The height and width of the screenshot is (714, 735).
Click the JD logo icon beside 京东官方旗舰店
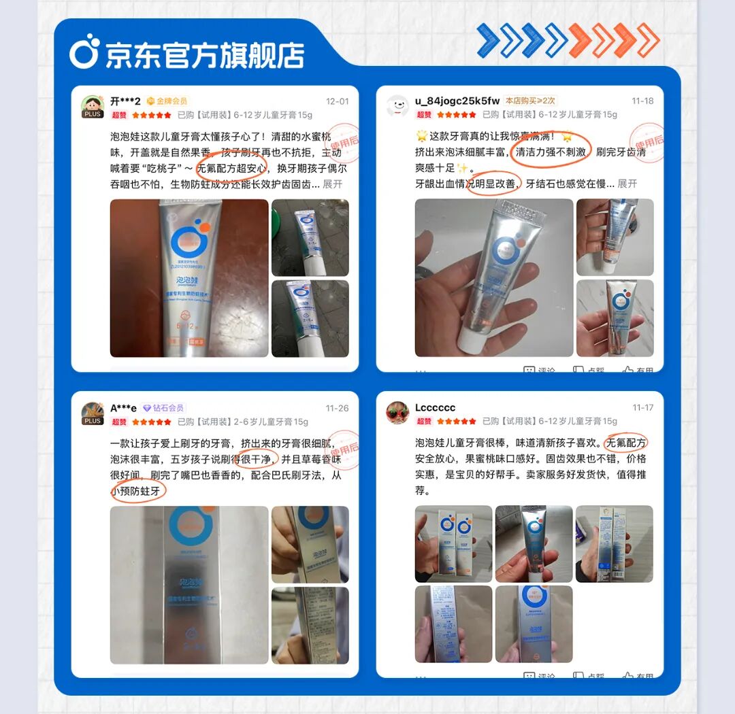click(x=84, y=53)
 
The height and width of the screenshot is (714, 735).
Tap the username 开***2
click(x=125, y=101)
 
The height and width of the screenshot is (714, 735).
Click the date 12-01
click(x=337, y=101)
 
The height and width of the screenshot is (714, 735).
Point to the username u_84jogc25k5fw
click(x=457, y=101)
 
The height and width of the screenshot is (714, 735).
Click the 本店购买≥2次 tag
click(x=530, y=101)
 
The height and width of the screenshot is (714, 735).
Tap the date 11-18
click(x=642, y=101)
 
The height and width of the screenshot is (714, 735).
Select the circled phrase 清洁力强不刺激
click(x=551, y=150)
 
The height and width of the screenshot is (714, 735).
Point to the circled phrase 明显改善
click(x=493, y=184)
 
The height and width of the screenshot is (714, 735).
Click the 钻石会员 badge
click(x=163, y=408)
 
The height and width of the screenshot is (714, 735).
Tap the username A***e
click(x=123, y=408)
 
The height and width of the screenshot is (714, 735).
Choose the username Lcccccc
click(x=435, y=408)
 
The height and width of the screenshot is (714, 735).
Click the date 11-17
click(x=642, y=408)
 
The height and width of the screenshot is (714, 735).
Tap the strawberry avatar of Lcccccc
click(x=397, y=412)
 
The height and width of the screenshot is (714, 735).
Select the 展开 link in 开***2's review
click(x=333, y=184)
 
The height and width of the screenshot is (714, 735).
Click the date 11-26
click(x=337, y=408)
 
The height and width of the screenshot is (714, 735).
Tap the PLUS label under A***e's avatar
click(x=93, y=421)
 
